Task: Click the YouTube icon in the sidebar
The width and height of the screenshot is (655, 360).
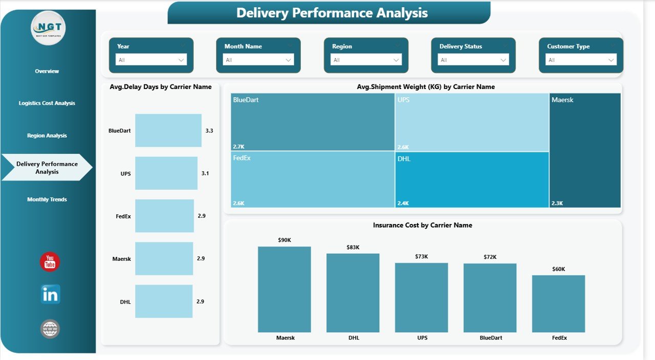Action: click(x=50, y=262)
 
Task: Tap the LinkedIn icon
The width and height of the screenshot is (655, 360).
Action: click(x=50, y=295)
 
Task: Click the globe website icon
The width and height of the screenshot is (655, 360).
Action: click(x=50, y=329)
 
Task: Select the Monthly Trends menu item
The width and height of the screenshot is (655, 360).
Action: click(x=47, y=199)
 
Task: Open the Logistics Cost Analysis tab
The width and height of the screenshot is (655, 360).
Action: click(x=47, y=103)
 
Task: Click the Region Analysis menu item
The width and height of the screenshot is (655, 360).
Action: click(x=47, y=136)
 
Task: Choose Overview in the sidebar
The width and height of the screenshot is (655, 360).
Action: click(x=47, y=71)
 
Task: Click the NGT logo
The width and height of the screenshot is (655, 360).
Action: click(x=48, y=28)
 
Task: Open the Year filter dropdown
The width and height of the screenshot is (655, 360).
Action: click(x=151, y=60)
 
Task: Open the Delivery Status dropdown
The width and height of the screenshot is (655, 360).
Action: click(x=473, y=60)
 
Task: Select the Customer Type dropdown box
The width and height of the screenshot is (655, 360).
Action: click(x=581, y=60)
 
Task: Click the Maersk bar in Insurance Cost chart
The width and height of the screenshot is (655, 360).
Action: click(x=284, y=289)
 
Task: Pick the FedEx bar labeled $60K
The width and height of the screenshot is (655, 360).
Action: click(x=558, y=304)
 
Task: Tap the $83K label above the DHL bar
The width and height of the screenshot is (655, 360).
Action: click(x=353, y=247)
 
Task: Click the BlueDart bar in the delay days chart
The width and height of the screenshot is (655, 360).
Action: click(x=168, y=130)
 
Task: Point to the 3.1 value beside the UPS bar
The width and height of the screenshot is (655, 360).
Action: click(x=205, y=173)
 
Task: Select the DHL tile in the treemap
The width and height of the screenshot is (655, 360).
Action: click(x=472, y=179)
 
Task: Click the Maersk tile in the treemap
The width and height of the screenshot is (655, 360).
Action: click(x=585, y=150)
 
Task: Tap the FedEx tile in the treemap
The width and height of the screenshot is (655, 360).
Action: click(x=312, y=179)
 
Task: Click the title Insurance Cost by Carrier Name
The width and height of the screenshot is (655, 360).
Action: click(x=422, y=225)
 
